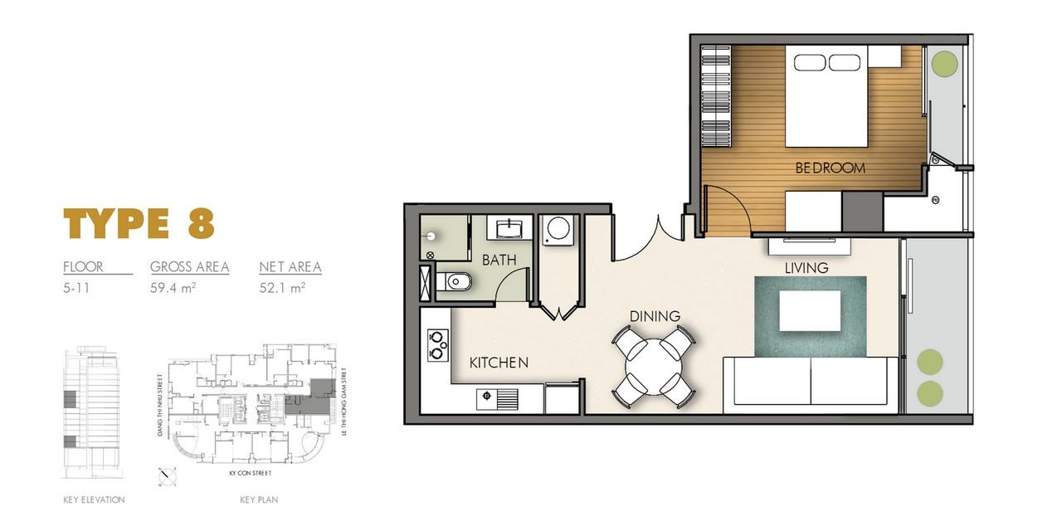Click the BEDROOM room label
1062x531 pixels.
tap(831, 168)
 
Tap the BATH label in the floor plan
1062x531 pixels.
tap(499, 260)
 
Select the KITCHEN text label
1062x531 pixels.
tap(499, 363)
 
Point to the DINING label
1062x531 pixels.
tap(655, 316)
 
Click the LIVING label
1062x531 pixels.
tap(806, 268)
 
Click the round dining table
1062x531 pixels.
tap(654, 367)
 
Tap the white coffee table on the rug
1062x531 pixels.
tap(811, 310)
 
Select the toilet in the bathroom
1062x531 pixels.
tap(454, 282)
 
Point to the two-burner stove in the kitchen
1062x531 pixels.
tap(438, 346)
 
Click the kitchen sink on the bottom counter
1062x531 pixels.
tap(497, 399)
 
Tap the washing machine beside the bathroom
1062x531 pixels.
tap(558, 230)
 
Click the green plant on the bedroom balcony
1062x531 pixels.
tap(944, 62)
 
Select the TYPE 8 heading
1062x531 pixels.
tap(139, 223)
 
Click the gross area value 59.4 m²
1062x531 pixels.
tap(173, 288)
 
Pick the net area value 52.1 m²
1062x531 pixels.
tap(282, 288)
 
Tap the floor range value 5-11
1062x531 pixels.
tap(76, 288)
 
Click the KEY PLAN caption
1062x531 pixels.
tap(259, 499)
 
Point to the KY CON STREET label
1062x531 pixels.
tap(251, 473)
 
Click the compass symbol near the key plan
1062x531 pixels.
tap(168, 476)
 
